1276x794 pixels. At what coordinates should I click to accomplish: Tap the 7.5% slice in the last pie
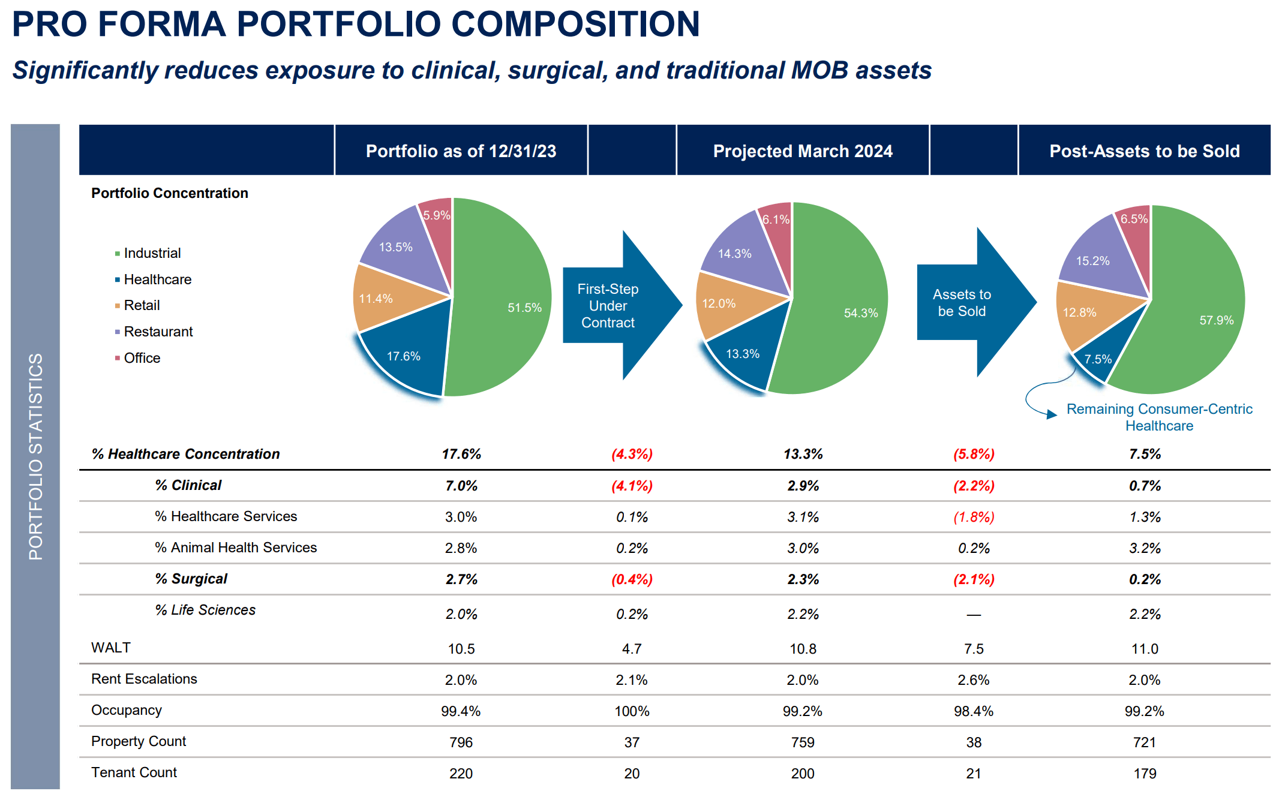pos(1098,360)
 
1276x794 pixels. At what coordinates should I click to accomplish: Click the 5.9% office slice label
pos(436,215)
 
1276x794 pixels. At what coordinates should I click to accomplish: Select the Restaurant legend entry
pos(158,332)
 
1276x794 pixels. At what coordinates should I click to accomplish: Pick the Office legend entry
pos(142,358)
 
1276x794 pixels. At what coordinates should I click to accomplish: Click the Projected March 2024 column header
pos(802,151)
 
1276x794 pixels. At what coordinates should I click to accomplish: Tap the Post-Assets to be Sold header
pos(1144,151)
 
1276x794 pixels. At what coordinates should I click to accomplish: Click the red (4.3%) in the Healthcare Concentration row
pos(632,454)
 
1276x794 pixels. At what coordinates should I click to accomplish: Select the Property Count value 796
pos(461,742)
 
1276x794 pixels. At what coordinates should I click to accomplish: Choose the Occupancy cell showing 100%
pos(632,711)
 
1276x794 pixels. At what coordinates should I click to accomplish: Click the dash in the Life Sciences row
pos(974,615)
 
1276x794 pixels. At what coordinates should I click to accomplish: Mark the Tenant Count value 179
pos(1144,774)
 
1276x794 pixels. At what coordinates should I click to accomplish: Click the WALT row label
pos(111,648)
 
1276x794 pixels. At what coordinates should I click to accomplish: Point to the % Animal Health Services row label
pos(235,548)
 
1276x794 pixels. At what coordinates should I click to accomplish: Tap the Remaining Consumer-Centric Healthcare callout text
pos(1159,417)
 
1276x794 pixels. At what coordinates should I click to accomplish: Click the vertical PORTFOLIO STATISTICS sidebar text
pos(35,456)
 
